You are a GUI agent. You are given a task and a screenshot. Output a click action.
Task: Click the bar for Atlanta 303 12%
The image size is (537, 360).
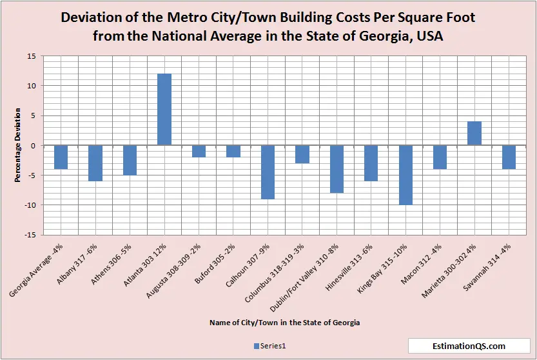coord(164,109)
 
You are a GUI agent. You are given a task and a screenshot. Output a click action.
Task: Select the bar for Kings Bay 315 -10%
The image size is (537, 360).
coord(405,175)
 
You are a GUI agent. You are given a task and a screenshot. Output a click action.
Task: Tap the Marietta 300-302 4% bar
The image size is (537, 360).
coord(474,133)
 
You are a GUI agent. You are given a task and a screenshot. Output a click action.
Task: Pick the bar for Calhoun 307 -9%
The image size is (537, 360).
coord(268,172)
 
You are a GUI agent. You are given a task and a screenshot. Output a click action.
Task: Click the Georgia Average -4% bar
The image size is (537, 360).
coord(61,157)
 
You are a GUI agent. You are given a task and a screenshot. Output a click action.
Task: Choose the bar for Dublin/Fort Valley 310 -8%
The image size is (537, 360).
coord(337,169)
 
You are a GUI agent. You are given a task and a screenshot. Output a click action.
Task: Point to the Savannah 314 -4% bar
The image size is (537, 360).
coord(509,157)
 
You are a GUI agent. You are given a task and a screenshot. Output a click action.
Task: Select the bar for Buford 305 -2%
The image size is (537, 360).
coord(233,151)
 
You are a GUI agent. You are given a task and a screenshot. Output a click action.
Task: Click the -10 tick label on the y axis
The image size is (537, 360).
coord(30,205)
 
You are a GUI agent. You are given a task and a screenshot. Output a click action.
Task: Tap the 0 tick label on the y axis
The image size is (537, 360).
coord(33,146)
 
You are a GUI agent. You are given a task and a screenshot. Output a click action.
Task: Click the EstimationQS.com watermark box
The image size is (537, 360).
coord(469,346)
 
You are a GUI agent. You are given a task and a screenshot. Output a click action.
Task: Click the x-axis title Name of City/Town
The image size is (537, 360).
coord(284,321)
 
